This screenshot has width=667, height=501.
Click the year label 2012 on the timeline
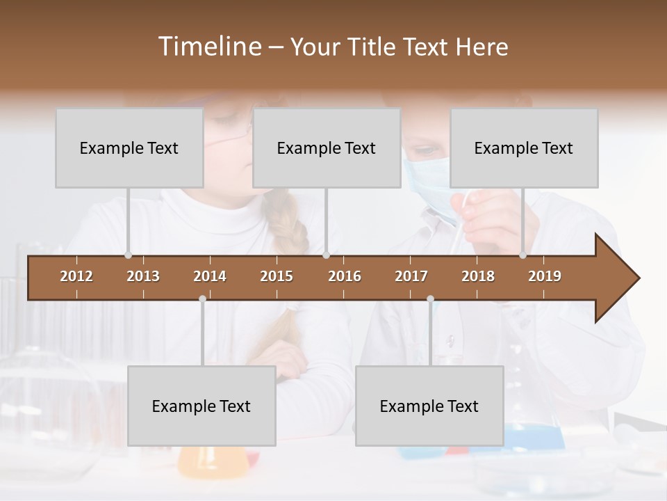coord(76,276)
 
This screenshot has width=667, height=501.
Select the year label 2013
coord(143,276)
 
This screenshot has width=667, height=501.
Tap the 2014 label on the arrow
coord(210,276)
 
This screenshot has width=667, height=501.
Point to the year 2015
coord(277,276)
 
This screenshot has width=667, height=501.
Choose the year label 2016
coord(345,276)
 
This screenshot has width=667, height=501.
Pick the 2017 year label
coord(411,276)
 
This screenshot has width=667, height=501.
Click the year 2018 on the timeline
coord(478,276)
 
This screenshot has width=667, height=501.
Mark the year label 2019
coord(545,276)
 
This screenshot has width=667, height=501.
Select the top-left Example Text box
coord(129,148)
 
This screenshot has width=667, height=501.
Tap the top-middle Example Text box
coord(327,148)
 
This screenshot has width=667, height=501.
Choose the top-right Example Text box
coord(524,148)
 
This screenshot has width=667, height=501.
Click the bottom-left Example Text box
coord(201,406)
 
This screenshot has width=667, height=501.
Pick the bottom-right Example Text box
coord(429,406)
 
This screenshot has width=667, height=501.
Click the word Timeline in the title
coord(209,47)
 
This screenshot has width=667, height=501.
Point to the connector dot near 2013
coord(128,255)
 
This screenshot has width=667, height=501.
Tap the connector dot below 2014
coord(202,299)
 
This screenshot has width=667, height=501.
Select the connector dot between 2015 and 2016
coord(326,255)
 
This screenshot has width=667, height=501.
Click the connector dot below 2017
coord(430,299)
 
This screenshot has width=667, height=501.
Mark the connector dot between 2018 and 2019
coord(522,255)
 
